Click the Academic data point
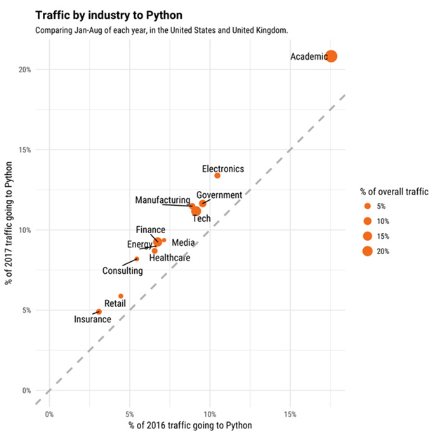[x=331, y=56]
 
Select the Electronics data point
[x=217, y=176]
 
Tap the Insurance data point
[x=99, y=311]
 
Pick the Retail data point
[x=121, y=296]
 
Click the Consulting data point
[x=137, y=259]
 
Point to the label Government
[x=219, y=195]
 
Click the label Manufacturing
[x=162, y=201]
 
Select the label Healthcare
[x=169, y=258]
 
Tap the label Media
[x=183, y=242]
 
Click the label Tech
[x=202, y=218]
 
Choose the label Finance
[x=150, y=230]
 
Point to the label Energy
[x=139, y=244]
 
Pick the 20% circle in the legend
[x=367, y=251]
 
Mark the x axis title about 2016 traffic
[x=190, y=426]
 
